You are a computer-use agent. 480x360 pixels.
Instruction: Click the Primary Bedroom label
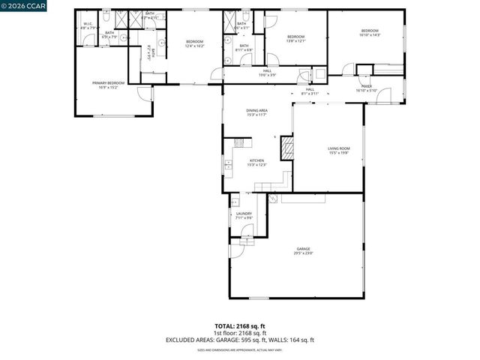tap(108, 84)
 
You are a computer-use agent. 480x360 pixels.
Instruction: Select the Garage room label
tap(303, 250)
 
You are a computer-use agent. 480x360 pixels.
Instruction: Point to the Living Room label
tap(339, 151)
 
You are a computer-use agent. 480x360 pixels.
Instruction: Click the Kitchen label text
tap(257, 163)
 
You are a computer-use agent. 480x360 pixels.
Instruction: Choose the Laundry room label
tap(244, 215)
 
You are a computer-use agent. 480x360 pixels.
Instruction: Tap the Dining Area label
tap(257, 112)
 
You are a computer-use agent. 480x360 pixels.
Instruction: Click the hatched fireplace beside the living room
tap(286, 148)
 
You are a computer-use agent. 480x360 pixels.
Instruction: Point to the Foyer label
tap(367, 87)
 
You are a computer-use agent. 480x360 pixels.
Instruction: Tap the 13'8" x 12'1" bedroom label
tap(295, 39)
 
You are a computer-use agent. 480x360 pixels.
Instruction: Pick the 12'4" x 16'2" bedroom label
tap(194, 44)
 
